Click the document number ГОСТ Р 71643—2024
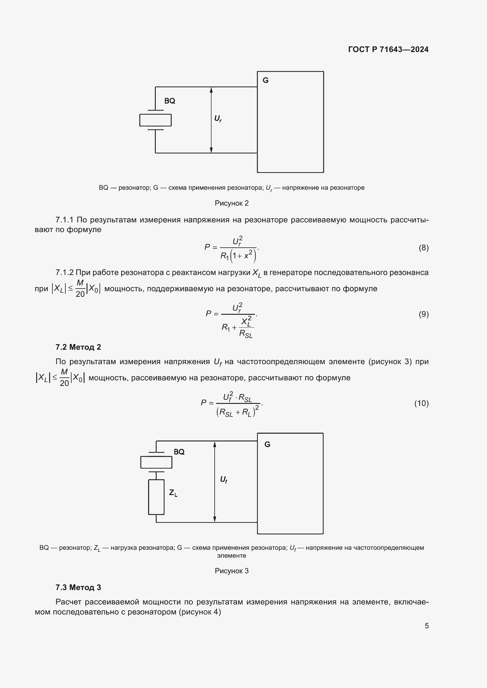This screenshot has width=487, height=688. tap(388, 49)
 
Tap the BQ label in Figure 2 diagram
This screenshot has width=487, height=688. tap(170, 101)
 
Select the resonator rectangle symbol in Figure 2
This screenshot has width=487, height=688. tap(155, 120)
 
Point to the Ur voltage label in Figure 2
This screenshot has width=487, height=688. tap(218, 119)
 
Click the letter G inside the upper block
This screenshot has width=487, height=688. tap(265, 80)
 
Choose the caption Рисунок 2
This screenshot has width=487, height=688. tap(231, 203)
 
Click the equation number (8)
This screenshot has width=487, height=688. tap(423, 248)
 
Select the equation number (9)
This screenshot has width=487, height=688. tap(423, 314)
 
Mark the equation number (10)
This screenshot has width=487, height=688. tap(421, 403)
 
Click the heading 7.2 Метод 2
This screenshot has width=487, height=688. tap(78, 347)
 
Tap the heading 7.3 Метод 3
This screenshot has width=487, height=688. tap(78, 587)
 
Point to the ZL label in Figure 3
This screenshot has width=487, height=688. tap(173, 493)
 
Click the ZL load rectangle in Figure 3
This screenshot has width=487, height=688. tap(156, 497)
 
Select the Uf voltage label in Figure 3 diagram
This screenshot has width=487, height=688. tap(223, 480)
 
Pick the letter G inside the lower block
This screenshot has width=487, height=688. tap(267, 444)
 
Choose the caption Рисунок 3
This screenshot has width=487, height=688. tap(231, 571)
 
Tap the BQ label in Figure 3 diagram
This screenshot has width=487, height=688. tap(179, 452)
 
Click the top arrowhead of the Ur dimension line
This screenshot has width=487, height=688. tap(211, 90)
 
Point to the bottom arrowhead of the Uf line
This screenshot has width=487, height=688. tap(215, 519)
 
